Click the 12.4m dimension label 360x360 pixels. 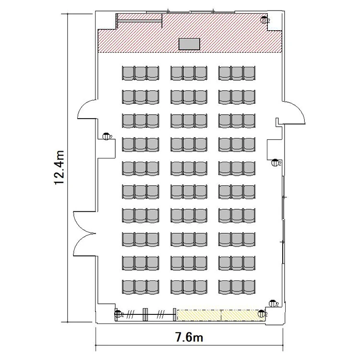click(x=59, y=168)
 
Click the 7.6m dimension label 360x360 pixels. click(x=189, y=337)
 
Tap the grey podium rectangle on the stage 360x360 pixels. click(x=189, y=44)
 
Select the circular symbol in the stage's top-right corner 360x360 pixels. click(x=264, y=20)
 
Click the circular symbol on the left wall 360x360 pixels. click(x=106, y=136)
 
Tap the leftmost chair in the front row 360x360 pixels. click(x=128, y=73)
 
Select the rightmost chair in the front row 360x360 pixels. click(x=249, y=73)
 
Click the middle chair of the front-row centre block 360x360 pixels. click(x=189, y=73)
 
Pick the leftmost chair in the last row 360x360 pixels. click(x=128, y=287)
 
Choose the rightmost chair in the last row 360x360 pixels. click(x=249, y=287)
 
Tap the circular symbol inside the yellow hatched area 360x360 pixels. click(x=262, y=313)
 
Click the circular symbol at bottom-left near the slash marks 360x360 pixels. click(x=118, y=313)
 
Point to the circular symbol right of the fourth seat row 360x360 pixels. click(x=275, y=163)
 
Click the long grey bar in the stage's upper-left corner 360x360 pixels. click(x=139, y=21)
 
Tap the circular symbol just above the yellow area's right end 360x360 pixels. click(x=273, y=303)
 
